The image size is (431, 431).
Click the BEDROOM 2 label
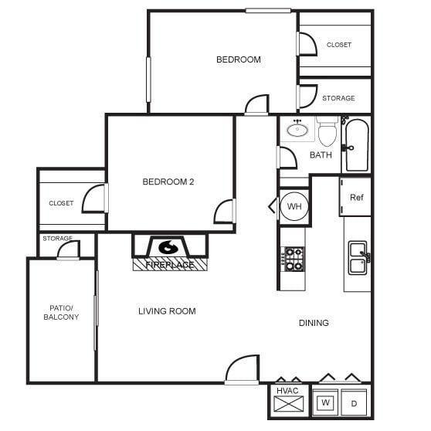168,182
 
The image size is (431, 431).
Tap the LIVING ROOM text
167,311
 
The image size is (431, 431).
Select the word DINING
314,323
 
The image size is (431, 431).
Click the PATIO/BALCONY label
60,312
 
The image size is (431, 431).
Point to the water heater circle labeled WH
294,206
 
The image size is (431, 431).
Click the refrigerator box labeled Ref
356,197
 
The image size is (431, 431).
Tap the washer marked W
326,402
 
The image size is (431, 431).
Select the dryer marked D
355,402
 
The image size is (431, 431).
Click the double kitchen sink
358,258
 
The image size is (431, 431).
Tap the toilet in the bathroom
327,133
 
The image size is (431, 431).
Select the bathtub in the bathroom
356,145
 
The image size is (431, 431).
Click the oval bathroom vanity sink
297,130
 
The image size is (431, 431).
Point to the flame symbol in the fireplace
168,247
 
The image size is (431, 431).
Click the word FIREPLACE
170,265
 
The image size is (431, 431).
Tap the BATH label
321,155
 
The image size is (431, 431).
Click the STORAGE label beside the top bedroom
338,98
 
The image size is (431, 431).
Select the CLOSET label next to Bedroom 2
61,203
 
